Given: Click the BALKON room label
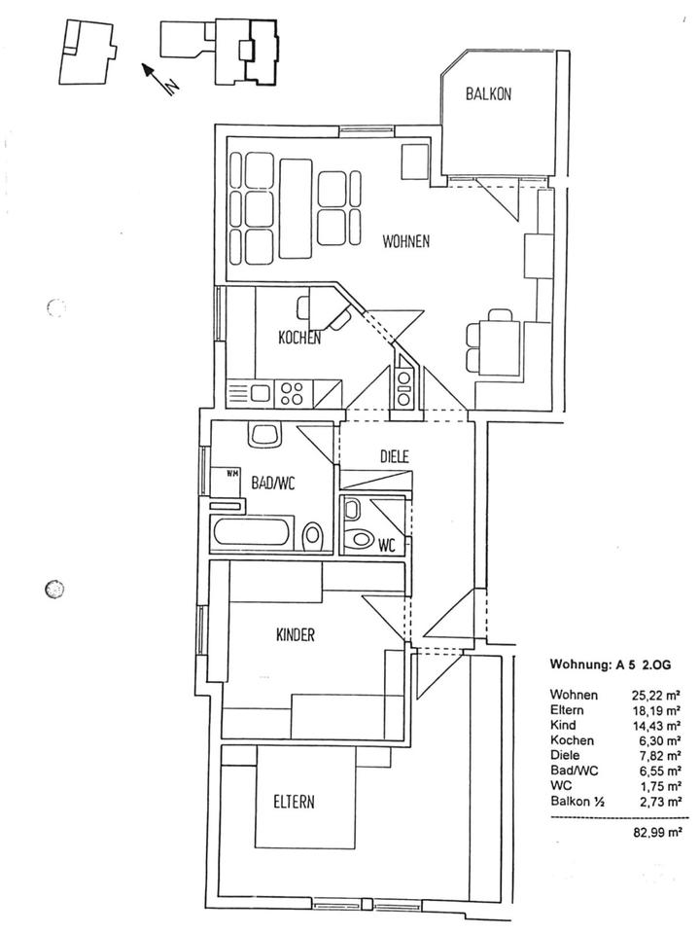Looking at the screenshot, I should (x=488, y=95).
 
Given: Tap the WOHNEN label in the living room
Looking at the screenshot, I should (x=405, y=242).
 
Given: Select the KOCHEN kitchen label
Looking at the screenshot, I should (x=299, y=339).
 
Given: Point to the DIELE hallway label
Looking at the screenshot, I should (x=394, y=455).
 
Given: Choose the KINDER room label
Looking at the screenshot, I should (x=296, y=635).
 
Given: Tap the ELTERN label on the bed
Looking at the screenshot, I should (x=293, y=803).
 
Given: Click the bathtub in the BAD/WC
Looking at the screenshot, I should (x=251, y=533).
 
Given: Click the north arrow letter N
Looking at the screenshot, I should (x=171, y=86).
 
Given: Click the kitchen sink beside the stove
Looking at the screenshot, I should (x=260, y=393).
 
